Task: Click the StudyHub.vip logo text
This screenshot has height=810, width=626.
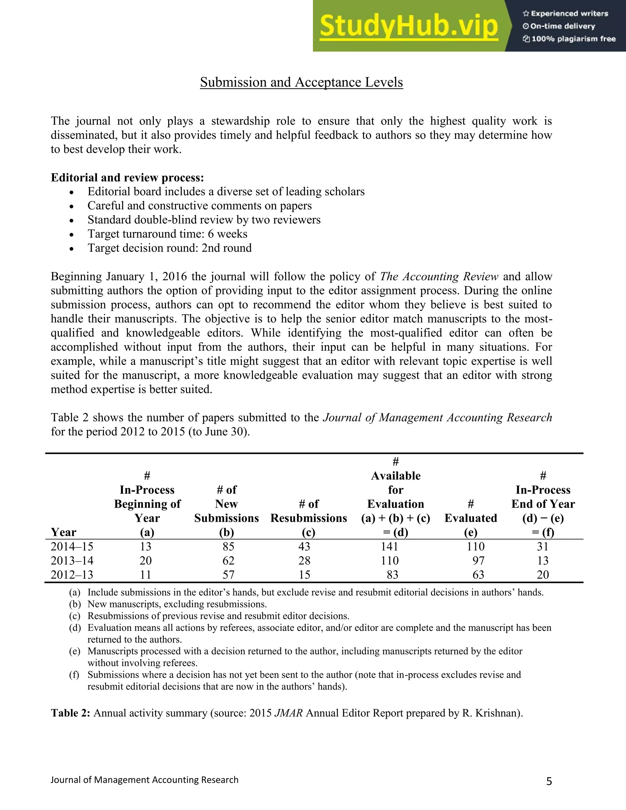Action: [x=408, y=26]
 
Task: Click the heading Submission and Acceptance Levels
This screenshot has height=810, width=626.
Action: [x=301, y=82]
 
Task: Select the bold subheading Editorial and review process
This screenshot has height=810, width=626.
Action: [x=127, y=178]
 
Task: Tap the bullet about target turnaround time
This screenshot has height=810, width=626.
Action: [x=167, y=234]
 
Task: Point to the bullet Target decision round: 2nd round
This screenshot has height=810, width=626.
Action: [x=169, y=248]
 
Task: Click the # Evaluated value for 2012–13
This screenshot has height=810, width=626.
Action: [x=478, y=575]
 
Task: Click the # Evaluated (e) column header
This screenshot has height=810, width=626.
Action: [x=471, y=518]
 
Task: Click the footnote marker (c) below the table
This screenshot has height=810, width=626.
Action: [x=75, y=616]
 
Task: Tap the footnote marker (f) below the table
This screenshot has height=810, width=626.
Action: [x=75, y=675]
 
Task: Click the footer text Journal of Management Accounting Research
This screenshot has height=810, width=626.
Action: [x=144, y=780]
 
